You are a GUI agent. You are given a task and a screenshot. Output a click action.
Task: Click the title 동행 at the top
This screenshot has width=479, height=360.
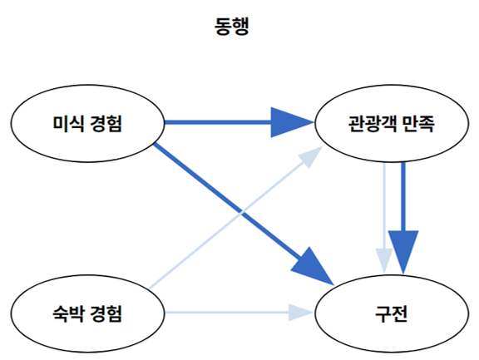232,27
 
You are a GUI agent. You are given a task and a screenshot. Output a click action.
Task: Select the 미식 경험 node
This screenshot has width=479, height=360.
87,124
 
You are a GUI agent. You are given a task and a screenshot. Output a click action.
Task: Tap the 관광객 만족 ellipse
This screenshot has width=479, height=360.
391,125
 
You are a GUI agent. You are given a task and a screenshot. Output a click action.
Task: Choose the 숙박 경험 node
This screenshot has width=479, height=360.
87,314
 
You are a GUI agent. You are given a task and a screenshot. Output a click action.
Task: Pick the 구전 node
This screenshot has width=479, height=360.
391,314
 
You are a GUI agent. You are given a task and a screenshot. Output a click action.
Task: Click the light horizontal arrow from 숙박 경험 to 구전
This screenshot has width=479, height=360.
225,314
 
